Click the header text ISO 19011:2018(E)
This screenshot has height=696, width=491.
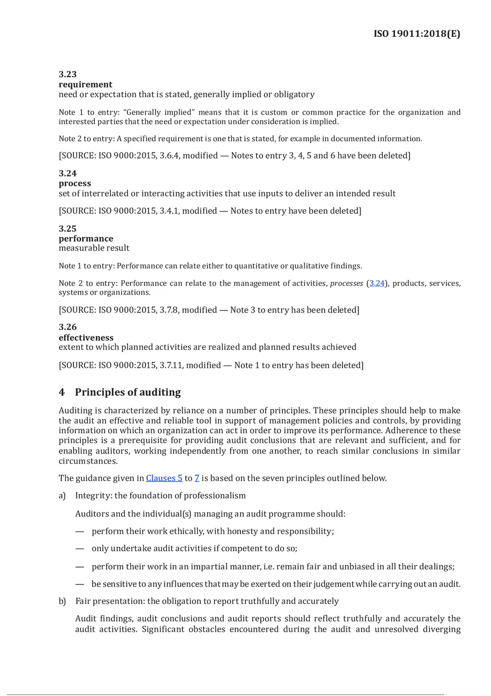417,34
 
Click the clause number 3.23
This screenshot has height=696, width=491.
68,74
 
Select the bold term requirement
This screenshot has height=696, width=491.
85,84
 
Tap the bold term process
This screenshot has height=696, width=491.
75,183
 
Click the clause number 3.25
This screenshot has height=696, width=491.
68,229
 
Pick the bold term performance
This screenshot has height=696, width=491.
86,239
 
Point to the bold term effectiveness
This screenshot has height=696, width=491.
86,338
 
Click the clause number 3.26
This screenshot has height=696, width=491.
68,327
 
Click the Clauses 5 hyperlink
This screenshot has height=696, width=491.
164,478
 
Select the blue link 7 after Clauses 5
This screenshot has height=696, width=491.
196,478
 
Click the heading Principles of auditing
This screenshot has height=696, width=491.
128,392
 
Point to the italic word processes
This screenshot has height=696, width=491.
346,284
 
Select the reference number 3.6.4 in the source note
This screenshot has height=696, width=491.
167,156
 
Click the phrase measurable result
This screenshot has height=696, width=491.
94,248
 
